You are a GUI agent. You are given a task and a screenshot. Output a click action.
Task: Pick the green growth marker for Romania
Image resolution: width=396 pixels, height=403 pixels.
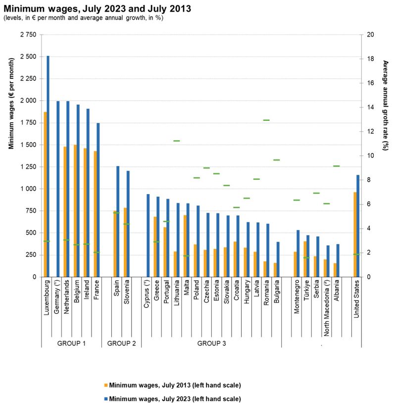(266, 120)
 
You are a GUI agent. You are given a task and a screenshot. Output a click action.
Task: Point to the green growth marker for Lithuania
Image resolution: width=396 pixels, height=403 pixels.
(177, 141)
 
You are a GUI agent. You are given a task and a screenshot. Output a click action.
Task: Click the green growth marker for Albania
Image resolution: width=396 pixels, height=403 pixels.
(337, 166)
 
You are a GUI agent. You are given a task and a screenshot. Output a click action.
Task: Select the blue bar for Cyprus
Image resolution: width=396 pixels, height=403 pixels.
(148, 235)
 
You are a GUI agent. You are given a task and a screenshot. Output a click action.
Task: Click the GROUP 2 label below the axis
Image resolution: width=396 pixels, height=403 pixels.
(121, 343)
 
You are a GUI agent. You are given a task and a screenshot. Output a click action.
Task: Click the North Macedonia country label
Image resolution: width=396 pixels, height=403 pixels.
(327, 307)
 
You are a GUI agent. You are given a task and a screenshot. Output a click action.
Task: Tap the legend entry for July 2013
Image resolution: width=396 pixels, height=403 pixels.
(173, 385)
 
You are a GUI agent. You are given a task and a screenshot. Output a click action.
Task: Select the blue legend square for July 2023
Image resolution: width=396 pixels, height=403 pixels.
(106, 399)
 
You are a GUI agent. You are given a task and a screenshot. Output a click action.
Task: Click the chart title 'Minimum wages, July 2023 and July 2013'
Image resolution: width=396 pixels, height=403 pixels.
(97, 8)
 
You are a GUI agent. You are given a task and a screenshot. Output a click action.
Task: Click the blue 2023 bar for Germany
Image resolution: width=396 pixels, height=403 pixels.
(58, 189)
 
